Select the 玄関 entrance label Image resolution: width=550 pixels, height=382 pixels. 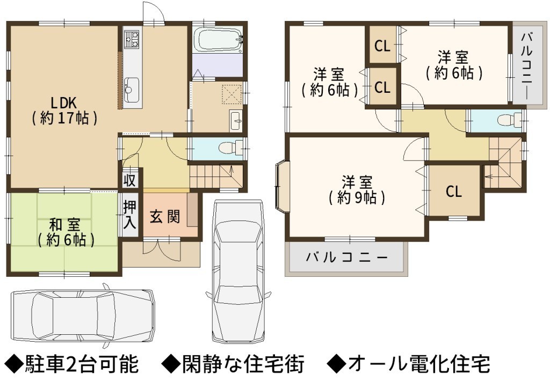point(165,217)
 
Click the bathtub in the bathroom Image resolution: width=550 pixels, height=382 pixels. point(218,39)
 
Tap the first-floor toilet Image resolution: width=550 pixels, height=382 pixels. point(231,148)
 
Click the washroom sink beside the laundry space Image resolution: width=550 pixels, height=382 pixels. point(236,121)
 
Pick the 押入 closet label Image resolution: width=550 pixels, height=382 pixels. point(129,215)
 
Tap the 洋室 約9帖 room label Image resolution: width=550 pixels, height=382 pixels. point(357,190)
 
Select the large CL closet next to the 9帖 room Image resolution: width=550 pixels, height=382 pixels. point(454,191)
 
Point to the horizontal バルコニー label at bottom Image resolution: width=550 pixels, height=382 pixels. point(347,258)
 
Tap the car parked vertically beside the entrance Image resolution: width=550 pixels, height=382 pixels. point(238,271)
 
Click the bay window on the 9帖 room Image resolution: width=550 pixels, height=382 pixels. point(283,187)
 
